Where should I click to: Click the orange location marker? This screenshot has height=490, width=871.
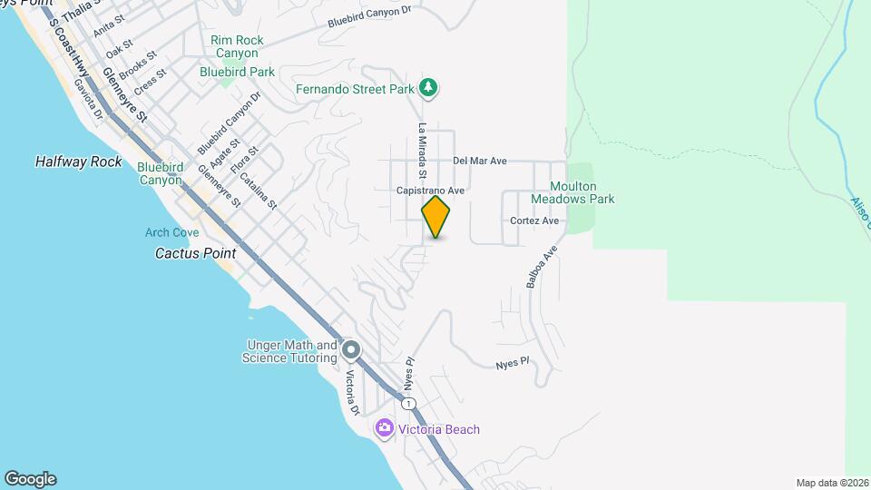click(x=436, y=216)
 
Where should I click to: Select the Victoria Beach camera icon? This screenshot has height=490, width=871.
click(x=384, y=428)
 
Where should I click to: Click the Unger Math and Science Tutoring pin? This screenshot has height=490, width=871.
click(x=352, y=350)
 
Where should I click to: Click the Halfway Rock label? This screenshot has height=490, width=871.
click(x=78, y=162)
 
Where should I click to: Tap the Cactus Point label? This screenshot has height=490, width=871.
click(x=195, y=253)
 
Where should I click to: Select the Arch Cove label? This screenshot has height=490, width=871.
click(x=171, y=233)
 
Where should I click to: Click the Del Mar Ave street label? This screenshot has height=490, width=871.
click(x=479, y=161)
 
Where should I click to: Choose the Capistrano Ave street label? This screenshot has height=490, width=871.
click(x=430, y=191)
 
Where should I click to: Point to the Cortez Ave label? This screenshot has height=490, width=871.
click(x=533, y=220)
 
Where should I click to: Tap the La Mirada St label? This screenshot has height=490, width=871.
click(x=422, y=151)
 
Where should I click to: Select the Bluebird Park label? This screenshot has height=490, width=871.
click(x=238, y=72)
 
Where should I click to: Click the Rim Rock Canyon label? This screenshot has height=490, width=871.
click(x=237, y=46)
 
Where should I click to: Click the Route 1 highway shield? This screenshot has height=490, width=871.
click(x=410, y=403)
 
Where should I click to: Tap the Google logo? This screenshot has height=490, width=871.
click(x=30, y=479)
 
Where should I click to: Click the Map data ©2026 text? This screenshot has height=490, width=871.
click(x=831, y=483)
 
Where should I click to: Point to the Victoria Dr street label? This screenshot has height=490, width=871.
click(x=352, y=392)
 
